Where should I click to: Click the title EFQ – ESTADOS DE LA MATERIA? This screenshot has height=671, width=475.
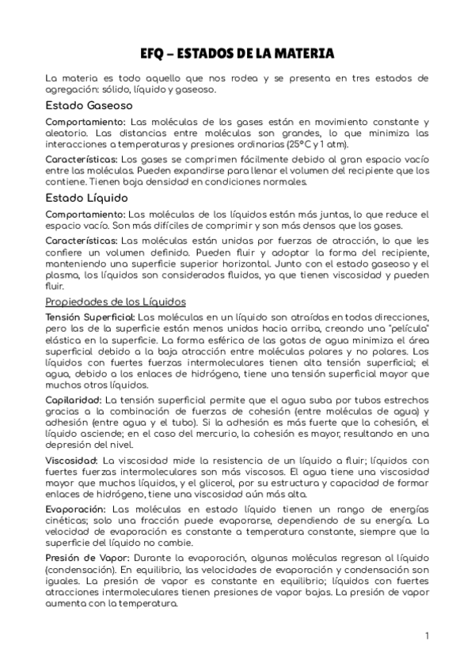point(237,54)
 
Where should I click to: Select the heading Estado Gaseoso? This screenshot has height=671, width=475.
point(89,105)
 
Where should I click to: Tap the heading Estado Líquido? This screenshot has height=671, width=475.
point(85,197)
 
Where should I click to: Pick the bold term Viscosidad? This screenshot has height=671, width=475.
point(72,461)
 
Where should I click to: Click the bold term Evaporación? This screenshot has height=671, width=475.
point(76,509)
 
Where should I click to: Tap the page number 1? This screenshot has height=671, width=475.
point(426,635)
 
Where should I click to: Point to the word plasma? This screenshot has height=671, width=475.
point(66,275)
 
